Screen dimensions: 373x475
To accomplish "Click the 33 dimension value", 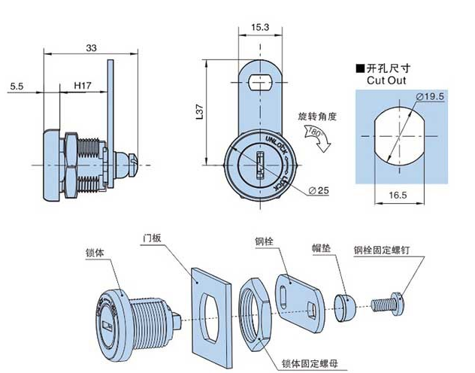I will click(91, 47).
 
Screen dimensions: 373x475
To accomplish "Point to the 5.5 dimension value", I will click(17, 87).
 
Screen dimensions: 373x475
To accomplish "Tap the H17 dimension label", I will click(83, 87).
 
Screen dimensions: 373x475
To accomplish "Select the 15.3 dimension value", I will click(260, 27).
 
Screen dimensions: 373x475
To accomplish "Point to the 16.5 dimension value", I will click(397, 195).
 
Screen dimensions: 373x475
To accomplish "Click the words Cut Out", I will click(386, 79).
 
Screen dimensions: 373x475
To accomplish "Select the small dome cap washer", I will click(344, 305).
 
